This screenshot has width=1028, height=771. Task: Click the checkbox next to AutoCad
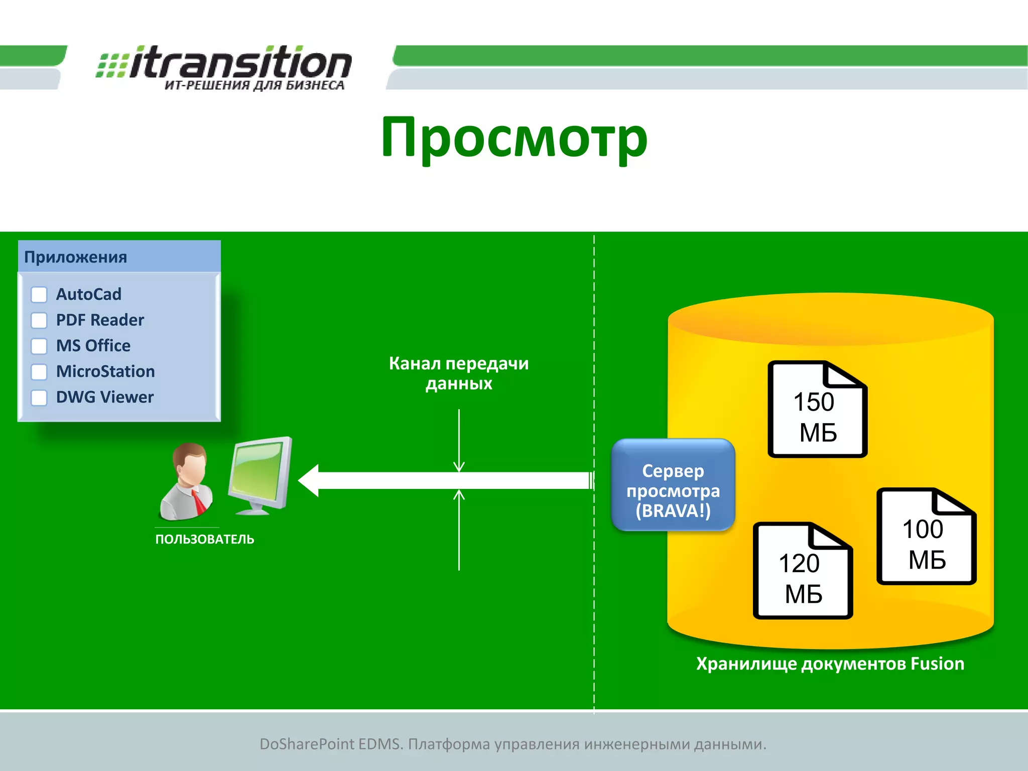[39, 295]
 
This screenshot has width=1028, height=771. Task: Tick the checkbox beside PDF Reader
[39, 320]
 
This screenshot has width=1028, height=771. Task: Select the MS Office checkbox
[39, 346]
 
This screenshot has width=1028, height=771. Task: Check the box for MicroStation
[39, 372]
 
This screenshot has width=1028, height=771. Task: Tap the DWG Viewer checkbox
[39, 398]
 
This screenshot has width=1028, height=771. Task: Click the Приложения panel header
[119, 257]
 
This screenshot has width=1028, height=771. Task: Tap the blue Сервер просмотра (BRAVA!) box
[673, 485]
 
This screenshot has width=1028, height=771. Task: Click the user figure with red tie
[187, 482]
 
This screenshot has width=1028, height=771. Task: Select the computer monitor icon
[260, 474]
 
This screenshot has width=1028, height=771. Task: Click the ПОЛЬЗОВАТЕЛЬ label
[205, 539]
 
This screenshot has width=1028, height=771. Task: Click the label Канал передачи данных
[459, 373]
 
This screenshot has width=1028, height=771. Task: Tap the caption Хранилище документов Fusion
[830, 664]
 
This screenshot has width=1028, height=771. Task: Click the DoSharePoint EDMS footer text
[513, 744]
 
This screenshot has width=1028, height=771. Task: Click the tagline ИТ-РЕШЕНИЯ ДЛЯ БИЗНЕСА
[254, 85]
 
